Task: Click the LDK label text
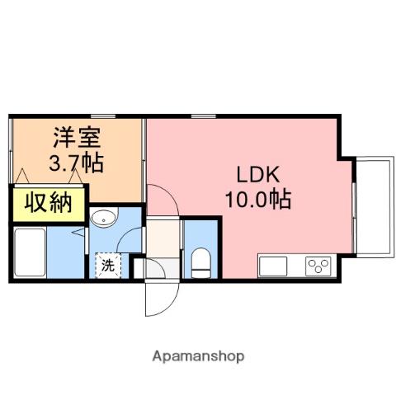260,175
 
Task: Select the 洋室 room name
75,137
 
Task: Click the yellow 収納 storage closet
47,203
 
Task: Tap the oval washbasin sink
104,219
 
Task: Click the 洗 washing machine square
108,266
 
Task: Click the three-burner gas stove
318,266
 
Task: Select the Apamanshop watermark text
198,356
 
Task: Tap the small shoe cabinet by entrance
139,268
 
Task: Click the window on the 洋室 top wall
102,115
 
